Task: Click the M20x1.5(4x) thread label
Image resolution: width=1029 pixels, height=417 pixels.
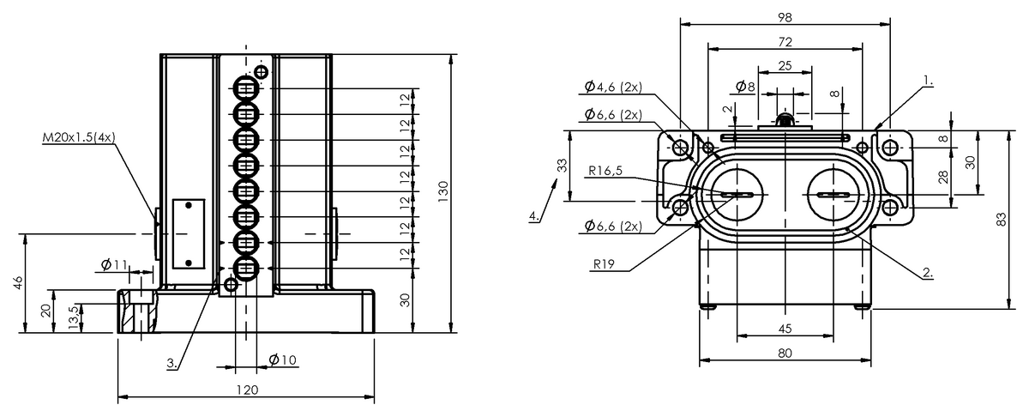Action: coord(79,137)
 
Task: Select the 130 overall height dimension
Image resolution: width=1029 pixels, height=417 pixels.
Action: coord(442,191)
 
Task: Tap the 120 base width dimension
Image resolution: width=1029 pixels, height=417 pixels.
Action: coord(248,390)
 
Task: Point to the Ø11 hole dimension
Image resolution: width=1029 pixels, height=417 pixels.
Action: coord(114,264)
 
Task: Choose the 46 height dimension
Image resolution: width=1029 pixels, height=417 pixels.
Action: coord(18,282)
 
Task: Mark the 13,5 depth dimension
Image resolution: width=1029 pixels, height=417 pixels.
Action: coord(74,317)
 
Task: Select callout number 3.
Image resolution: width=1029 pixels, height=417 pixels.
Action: coord(171,363)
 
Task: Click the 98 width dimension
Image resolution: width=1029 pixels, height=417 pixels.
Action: coord(785,17)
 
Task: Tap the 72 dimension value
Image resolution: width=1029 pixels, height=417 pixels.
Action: coord(785,42)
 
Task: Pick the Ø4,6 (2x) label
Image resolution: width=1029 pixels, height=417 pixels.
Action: coord(613,87)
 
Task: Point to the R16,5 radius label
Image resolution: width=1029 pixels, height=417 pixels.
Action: coord(605,171)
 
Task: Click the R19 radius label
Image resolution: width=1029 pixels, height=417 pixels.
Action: coord(604,264)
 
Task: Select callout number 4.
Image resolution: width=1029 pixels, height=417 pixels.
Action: coord(534,215)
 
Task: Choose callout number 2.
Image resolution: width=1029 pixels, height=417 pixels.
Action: coord(928,272)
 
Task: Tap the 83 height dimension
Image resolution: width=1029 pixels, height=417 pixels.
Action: coord(1001,220)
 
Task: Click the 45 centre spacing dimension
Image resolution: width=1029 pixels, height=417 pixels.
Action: coord(785,329)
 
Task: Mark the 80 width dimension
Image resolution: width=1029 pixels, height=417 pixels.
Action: coord(785,354)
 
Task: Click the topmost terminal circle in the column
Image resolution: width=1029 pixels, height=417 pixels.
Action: coord(246,88)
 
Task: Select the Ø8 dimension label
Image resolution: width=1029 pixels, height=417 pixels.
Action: coord(745,86)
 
